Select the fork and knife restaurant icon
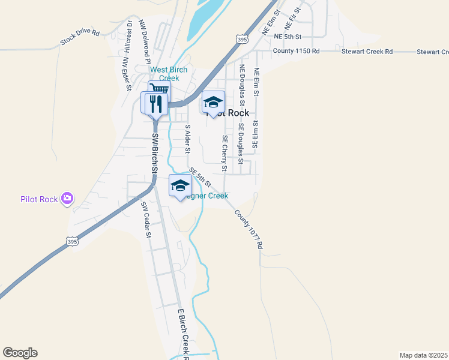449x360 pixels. pyautogui.click(x=155, y=103)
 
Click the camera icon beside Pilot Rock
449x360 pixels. pyautogui.click(x=67, y=198)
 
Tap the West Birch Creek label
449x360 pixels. pyautogui.click(x=169, y=74)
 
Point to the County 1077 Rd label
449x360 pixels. pyautogui.click(x=249, y=229)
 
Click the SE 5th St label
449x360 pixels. pyautogui.click(x=200, y=178)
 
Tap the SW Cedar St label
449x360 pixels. pyautogui.click(x=145, y=220)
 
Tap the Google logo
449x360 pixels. pyautogui.click(x=20, y=353)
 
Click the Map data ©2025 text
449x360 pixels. pyautogui.click(x=423, y=355)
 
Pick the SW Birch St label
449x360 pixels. pyautogui.click(x=154, y=154)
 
